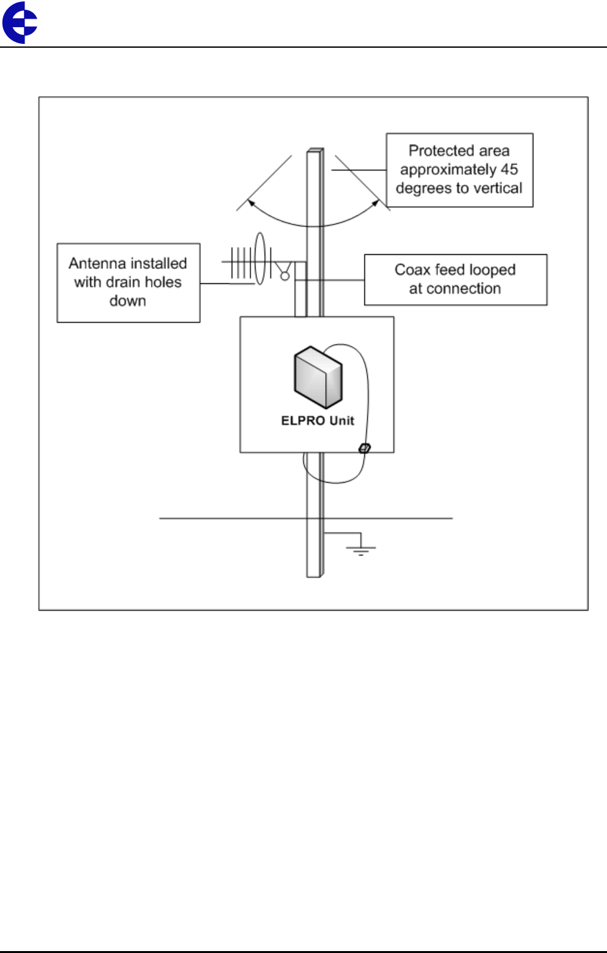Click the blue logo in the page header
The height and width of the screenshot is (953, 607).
(20, 23)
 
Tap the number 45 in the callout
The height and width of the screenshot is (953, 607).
(509, 170)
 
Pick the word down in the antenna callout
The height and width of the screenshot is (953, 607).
(128, 301)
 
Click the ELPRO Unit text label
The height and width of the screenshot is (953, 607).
(317, 421)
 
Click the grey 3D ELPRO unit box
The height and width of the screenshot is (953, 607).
(318, 377)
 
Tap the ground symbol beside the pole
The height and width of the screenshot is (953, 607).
(360, 548)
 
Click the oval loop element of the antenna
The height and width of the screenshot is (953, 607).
(260, 259)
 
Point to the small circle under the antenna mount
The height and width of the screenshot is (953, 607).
(284, 276)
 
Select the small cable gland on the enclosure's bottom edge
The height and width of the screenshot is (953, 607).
(364, 448)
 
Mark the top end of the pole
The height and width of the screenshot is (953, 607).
(315, 151)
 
